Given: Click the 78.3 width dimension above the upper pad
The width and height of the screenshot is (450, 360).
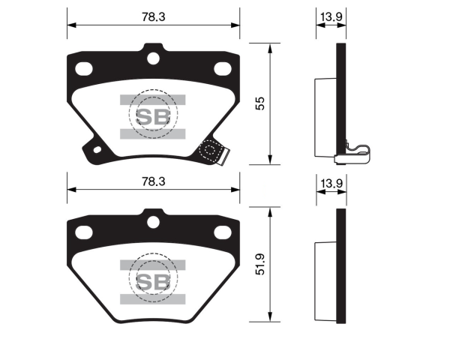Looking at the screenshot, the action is coord(154,17).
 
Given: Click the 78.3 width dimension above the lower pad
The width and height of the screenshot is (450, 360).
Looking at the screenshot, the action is coord(154,181).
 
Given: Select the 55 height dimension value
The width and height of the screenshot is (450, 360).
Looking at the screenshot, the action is coord(260,103).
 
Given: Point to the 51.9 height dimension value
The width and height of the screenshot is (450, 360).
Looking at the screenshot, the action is coord(260,264).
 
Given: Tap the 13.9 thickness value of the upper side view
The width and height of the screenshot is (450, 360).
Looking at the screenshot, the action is coord(331,16).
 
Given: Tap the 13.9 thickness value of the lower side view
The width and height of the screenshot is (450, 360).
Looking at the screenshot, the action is coord(331,183).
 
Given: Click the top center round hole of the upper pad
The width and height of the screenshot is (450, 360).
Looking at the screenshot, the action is coord(153,58).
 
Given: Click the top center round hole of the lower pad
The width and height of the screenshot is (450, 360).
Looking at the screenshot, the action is coord(153,222).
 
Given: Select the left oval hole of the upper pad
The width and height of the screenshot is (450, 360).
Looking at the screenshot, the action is coord(84,69).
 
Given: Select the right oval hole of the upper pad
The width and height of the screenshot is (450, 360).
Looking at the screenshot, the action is coord(223,69).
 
